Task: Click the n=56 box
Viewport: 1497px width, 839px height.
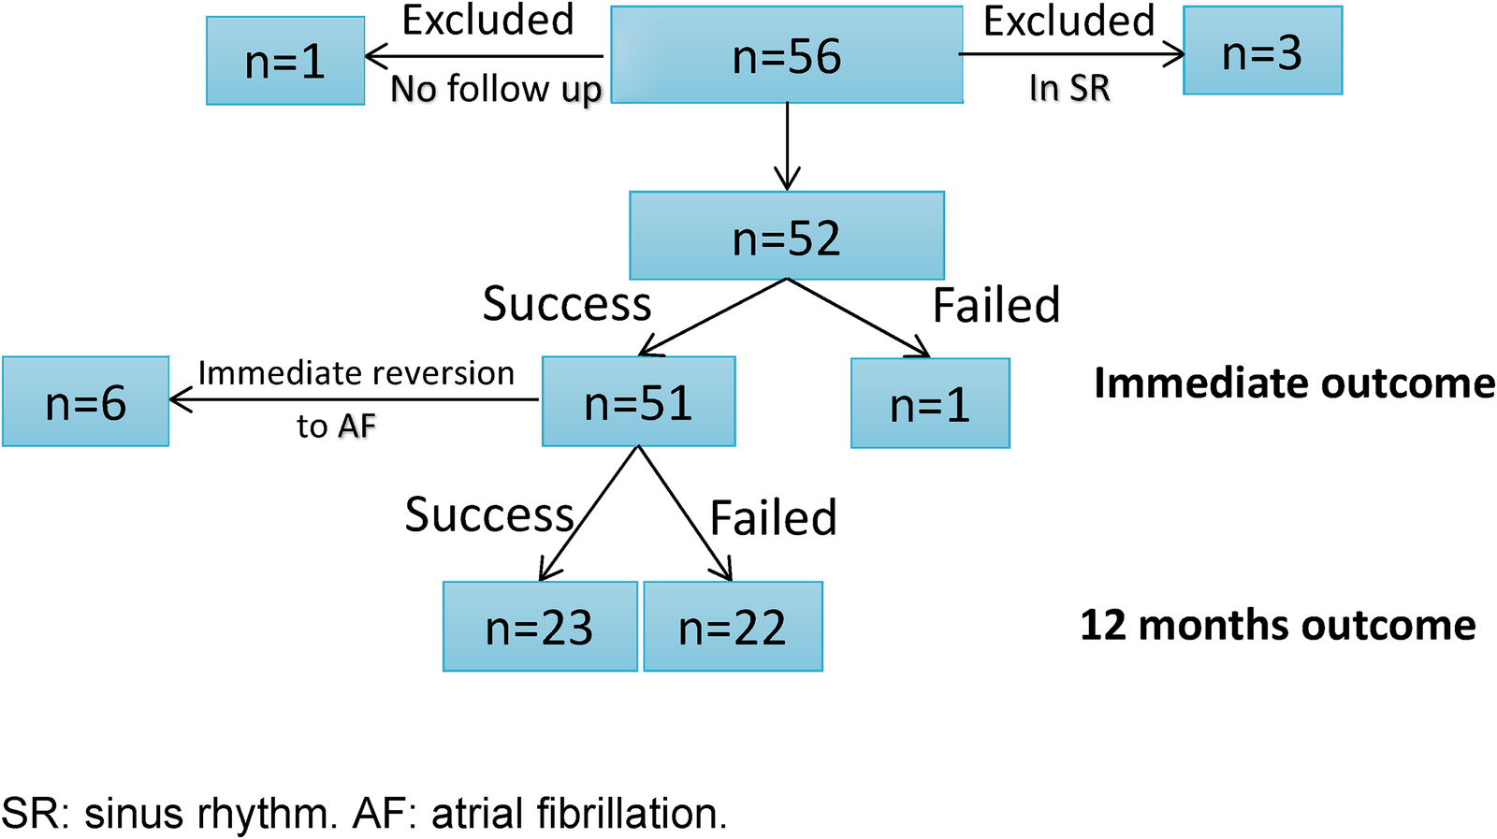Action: tap(787, 54)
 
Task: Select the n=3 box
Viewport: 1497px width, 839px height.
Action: tap(1262, 51)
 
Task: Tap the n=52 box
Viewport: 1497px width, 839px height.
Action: tap(787, 236)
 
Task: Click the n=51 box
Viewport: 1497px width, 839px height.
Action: tap(638, 401)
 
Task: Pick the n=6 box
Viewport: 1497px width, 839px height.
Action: tap(85, 401)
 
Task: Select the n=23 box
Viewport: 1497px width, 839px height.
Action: tap(540, 626)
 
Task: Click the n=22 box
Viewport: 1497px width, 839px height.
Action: tap(733, 626)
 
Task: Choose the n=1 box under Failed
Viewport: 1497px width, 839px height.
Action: tap(930, 403)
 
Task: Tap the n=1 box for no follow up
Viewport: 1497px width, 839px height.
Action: tap(285, 61)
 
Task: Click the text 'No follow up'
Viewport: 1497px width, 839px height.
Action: tap(496, 89)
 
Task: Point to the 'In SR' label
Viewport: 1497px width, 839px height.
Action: tap(1069, 88)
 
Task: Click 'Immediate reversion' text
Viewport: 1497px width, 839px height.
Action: tap(356, 373)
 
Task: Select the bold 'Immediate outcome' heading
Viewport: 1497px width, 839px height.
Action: tap(1294, 383)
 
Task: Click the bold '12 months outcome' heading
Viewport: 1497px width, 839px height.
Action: tap(1278, 624)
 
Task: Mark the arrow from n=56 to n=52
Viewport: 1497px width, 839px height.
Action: tap(788, 145)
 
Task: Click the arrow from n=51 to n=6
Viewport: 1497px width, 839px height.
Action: tap(356, 400)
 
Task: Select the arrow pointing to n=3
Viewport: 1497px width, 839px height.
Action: tap(1071, 54)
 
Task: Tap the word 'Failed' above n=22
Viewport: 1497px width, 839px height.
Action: tap(773, 517)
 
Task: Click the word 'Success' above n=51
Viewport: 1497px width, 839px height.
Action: tap(566, 304)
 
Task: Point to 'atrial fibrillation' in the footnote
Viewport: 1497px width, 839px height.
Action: tap(578, 813)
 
